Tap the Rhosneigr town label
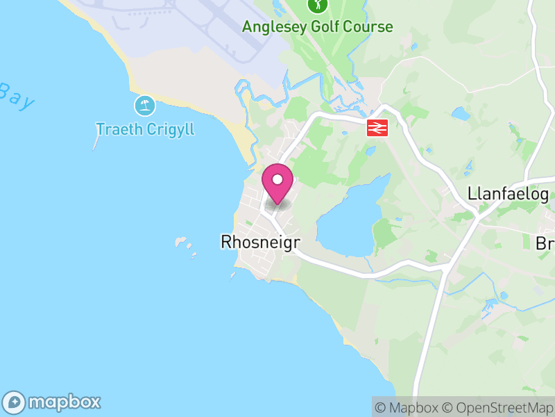[255, 242]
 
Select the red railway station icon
[376, 127]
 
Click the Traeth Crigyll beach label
[145, 129]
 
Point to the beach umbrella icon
[144, 106]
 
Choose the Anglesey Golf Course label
[317, 27]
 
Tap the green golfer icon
[317, 6]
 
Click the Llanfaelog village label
[509, 193]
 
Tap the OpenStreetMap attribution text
[498, 407]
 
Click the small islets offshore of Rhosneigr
[185, 244]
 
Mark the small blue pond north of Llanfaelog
[459, 113]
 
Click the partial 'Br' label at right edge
[545, 243]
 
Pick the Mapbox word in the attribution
[414, 407]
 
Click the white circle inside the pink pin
[277, 179]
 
